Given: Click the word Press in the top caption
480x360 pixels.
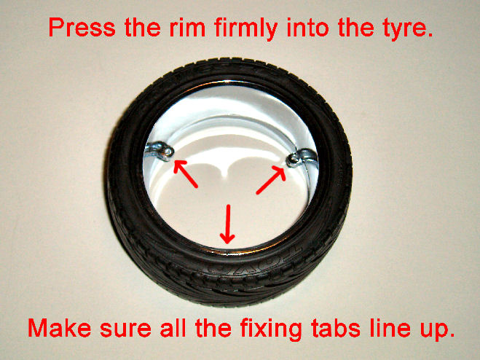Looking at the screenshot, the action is [x=82, y=27].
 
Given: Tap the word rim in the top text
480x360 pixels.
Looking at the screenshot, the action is [x=187, y=27].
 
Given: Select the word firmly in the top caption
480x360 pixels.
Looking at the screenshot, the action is [x=246, y=29].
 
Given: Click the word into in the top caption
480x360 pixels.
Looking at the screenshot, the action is [x=308, y=27].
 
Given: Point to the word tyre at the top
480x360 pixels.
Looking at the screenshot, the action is [x=403, y=29].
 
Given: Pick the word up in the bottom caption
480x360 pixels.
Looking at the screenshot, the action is [x=436, y=332].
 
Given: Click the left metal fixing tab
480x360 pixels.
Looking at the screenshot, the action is [x=160, y=151].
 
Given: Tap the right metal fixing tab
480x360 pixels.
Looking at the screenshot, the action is [x=302, y=157].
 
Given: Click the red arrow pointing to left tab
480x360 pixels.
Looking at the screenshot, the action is [x=186, y=173].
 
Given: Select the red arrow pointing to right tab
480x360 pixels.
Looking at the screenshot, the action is [x=271, y=180].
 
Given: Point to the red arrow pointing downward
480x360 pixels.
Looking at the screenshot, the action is [x=227, y=224].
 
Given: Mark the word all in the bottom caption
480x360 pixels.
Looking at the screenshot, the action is [x=173, y=328].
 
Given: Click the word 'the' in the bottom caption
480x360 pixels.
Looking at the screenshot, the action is [x=213, y=328].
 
